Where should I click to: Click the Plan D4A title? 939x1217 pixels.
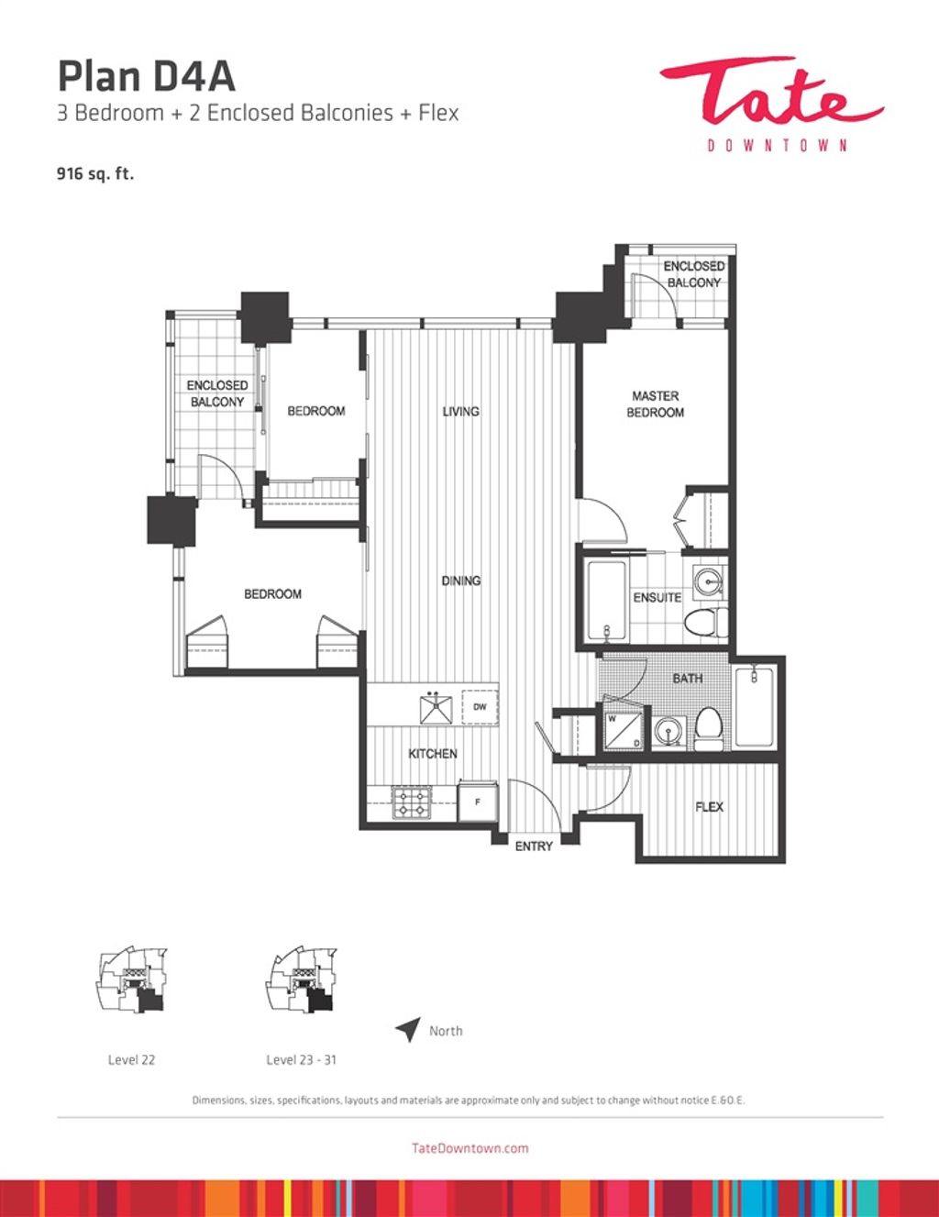pyautogui.click(x=146, y=77)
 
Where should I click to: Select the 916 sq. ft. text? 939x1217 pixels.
pyautogui.click(x=95, y=174)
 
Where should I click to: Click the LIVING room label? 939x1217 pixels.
pyautogui.click(x=461, y=412)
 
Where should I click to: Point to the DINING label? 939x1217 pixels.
pyautogui.click(x=461, y=581)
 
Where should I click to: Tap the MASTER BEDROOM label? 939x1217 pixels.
pyautogui.click(x=655, y=404)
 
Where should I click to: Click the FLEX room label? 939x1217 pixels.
pyautogui.click(x=709, y=807)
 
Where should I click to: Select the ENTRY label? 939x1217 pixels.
pyautogui.click(x=534, y=846)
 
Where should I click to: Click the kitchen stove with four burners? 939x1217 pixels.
pyautogui.click(x=412, y=802)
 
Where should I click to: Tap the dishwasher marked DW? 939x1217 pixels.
pyautogui.click(x=480, y=707)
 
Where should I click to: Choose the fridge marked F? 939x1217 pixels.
pyautogui.click(x=478, y=802)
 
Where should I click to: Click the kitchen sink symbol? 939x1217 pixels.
pyautogui.click(x=436, y=707)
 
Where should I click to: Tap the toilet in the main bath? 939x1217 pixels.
pyautogui.click(x=708, y=728)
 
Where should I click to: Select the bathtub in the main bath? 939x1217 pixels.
pyautogui.click(x=754, y=707)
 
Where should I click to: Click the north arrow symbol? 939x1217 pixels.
pyautogui.click(x=408, y=1028)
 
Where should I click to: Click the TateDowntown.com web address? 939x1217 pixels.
pyautogui.click(x=469, y=1148)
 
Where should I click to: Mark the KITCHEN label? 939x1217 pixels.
pyautogui.click(x=432, y=754)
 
